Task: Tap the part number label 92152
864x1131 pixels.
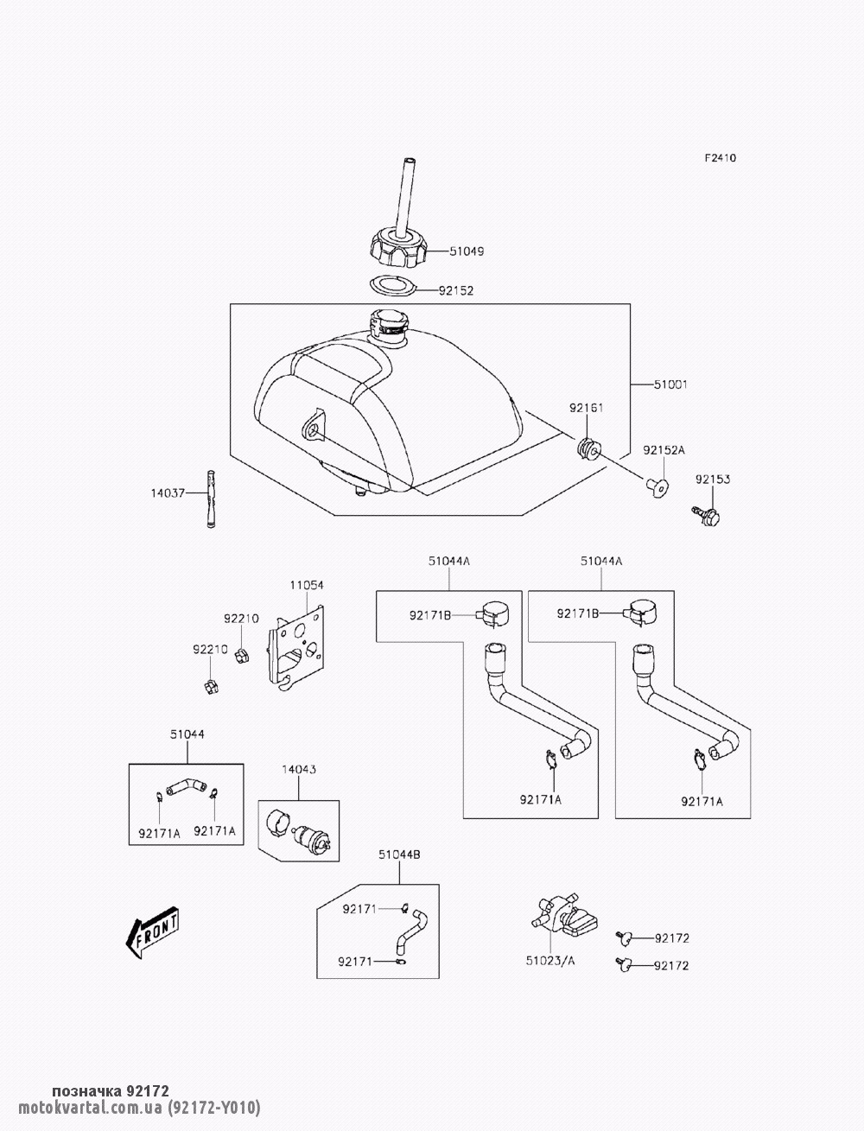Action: point(456,291)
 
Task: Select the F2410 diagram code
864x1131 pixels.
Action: point(720,158)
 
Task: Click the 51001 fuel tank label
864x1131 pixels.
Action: point(671,383)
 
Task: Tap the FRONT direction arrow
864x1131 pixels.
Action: point(153,932)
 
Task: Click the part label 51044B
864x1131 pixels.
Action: point(399,855)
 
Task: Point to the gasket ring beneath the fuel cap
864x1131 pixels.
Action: point(391,284)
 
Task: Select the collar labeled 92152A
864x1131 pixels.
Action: point(659,489)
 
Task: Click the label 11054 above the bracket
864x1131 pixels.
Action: point(306,585)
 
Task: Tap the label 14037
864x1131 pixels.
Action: point(168,494)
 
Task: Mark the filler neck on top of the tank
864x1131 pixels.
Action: point(388,327)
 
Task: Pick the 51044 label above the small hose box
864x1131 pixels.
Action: point(187,734)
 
